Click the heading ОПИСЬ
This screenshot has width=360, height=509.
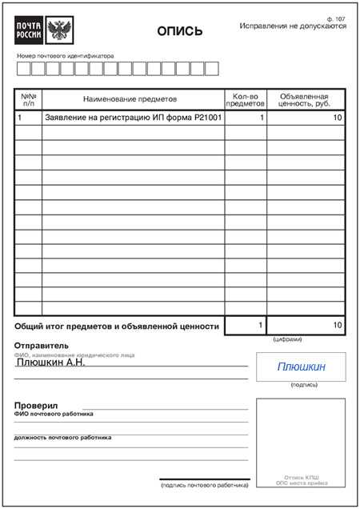(x=179, y=32)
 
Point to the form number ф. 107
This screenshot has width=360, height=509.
(x=336, y=18)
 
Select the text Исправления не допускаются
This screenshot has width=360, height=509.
(x=293, y=26)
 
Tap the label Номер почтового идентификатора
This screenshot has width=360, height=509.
(x=65, y=56)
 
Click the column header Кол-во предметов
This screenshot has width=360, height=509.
(x=245, y=99)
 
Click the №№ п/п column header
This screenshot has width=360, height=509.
(x=29, y=99)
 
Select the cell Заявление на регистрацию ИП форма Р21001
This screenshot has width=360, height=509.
(x=133, y=118)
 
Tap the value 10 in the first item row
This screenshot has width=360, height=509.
(x=337, y=118)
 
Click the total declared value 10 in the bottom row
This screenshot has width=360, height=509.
(x=337, y=325)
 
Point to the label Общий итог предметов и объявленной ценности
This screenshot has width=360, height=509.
(x=117, y=327)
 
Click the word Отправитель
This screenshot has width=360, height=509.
(x=42, y=346)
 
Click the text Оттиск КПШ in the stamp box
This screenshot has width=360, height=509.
(x=301, y=477)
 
